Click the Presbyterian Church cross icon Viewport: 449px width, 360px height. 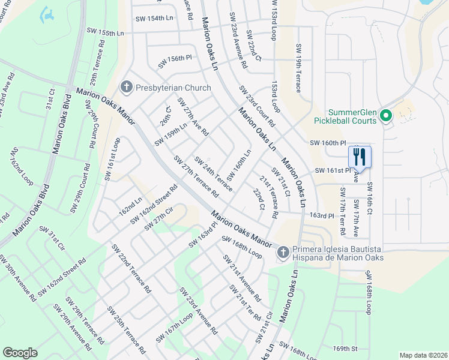point(126,88)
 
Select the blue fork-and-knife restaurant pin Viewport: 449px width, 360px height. point(360,158)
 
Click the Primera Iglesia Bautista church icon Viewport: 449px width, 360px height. point(283,253)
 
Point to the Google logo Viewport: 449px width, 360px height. point(20,353)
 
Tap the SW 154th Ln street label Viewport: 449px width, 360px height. point(152,18)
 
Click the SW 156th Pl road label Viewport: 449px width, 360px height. point(175,62)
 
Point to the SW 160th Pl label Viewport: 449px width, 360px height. point(328,143)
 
